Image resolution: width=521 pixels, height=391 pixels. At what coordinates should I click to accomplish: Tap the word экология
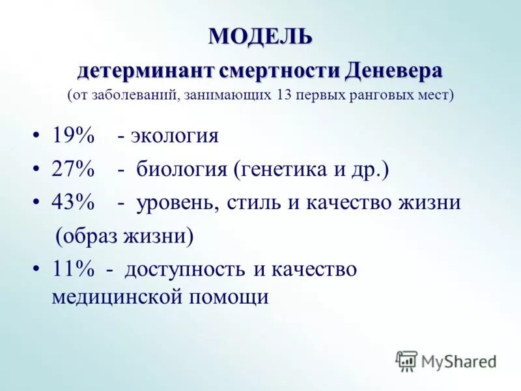(175, 136)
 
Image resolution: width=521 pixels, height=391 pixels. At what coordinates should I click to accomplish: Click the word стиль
(254, 203)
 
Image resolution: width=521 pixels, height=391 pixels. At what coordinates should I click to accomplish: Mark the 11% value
(73, 269)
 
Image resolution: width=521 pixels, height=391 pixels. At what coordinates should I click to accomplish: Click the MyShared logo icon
(406, 360)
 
